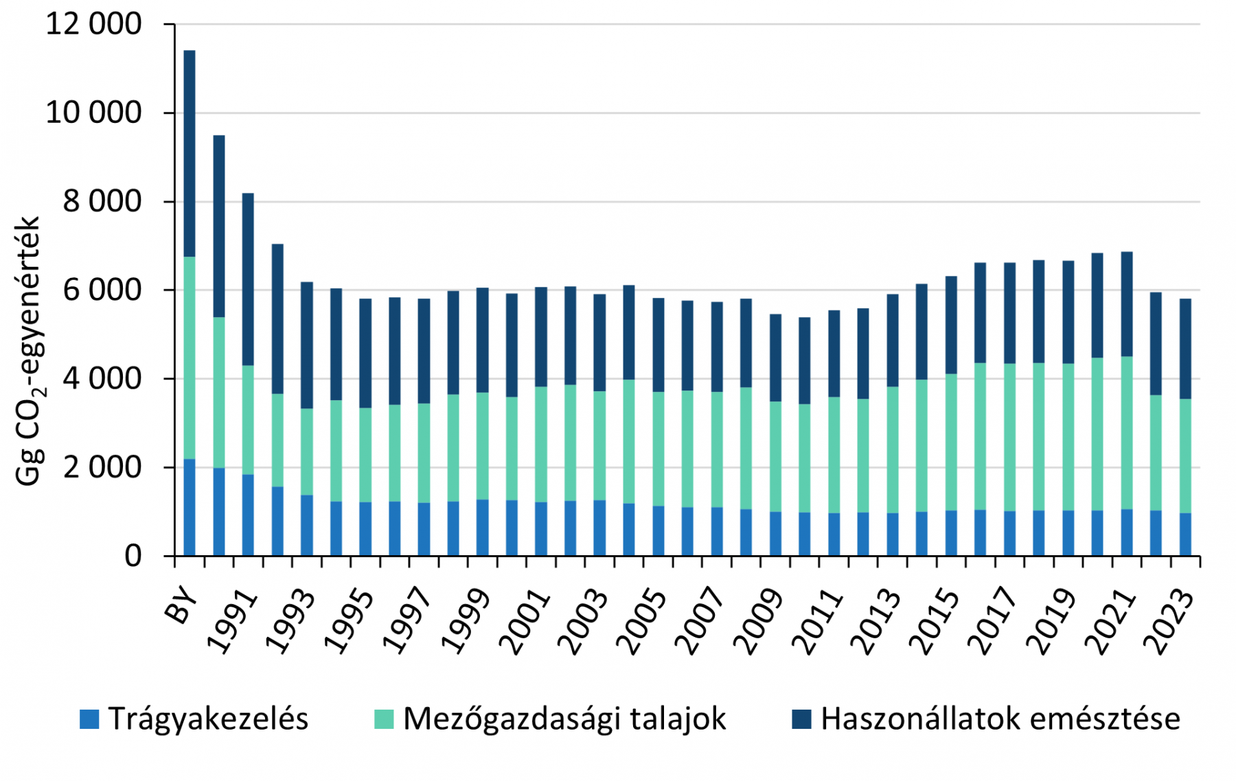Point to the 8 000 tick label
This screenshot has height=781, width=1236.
(102, 202)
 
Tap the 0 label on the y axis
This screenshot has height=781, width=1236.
(133, 556)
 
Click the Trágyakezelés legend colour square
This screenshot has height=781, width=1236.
(89, 719)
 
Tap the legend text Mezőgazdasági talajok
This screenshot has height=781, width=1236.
(564, 719)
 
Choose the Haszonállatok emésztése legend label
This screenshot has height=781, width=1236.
(1000, 719)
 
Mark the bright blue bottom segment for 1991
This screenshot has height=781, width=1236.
(248, 515)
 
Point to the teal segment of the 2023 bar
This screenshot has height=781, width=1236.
(1185, 456)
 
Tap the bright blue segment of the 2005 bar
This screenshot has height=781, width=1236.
(658, 531)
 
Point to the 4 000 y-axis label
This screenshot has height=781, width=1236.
(102, 379)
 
